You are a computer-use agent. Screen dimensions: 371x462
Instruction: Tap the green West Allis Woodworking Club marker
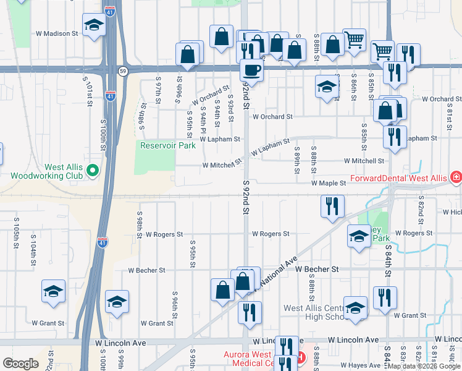(x=93, y=169)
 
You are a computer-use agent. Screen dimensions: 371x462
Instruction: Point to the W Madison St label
(x=57, y=33)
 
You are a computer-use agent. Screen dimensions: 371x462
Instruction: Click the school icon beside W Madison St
(x=93, y=26)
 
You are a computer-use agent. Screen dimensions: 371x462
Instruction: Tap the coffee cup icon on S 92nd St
(x=251, y=70)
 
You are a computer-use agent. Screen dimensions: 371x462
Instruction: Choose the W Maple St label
(x=329, y=184)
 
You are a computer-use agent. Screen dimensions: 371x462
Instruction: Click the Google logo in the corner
(x=20, y=364)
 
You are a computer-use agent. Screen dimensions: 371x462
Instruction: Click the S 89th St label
(x=296, y=158)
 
